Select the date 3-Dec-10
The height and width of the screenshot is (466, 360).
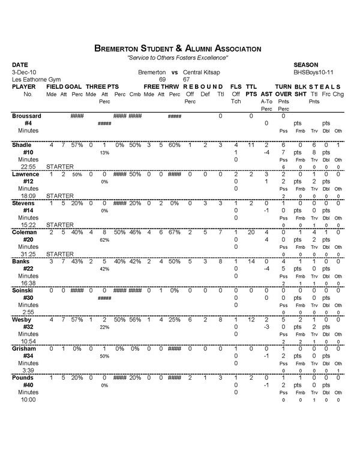(24, 71)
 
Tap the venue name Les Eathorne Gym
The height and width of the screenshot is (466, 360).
(35, 79)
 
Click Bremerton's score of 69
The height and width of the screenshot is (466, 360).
(162, 79)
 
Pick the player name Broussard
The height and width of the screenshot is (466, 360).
(28, 115)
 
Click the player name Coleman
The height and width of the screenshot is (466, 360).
(25, 232)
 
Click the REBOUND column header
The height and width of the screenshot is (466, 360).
(203, 86)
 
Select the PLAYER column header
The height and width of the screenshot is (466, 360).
(24, 86)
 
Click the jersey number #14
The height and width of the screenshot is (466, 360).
(28, 211)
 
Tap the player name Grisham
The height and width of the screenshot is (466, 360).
(25, 348)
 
